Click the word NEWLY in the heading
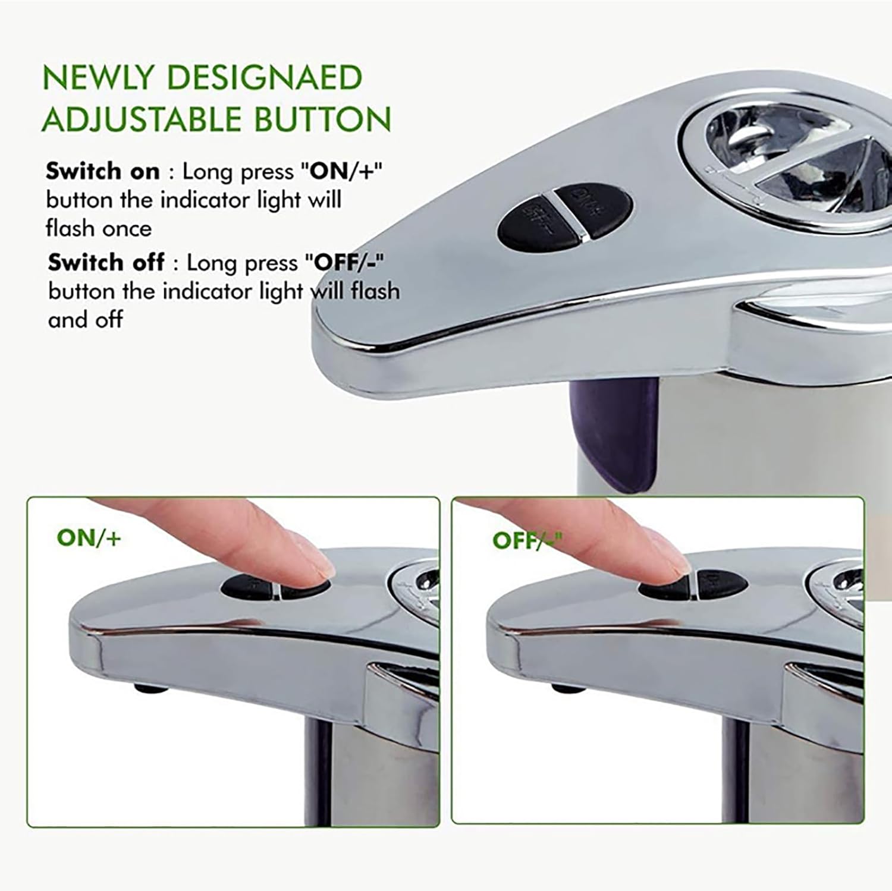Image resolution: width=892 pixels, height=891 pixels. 99,78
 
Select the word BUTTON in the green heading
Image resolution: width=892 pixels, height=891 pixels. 323,119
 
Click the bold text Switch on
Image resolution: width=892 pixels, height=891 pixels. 103,171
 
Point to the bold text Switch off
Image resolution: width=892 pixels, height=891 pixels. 106,262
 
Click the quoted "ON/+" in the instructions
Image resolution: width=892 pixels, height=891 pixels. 341,171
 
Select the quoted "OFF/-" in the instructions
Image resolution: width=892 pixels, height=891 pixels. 344,262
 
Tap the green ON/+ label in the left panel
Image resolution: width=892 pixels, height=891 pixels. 89,537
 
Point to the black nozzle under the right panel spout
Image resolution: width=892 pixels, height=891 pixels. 567,688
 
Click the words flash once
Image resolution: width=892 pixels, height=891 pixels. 99,228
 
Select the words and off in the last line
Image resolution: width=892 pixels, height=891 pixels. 86,319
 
